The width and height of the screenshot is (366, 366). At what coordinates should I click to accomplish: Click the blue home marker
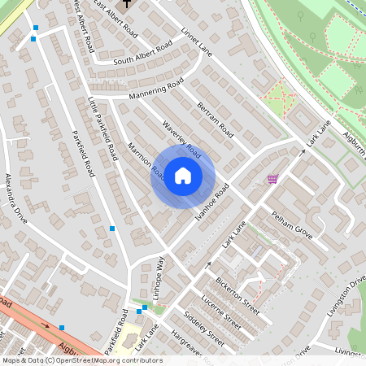(x=183, y=176)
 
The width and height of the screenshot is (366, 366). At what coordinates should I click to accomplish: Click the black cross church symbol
(x=129, y=4)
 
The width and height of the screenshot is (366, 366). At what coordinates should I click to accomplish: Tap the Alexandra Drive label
(x=16, y=198)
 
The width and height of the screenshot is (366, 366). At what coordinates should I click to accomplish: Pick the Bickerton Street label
(x=237, y=298)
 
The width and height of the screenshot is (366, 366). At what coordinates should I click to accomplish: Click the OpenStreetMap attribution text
(x=81, y=360)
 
